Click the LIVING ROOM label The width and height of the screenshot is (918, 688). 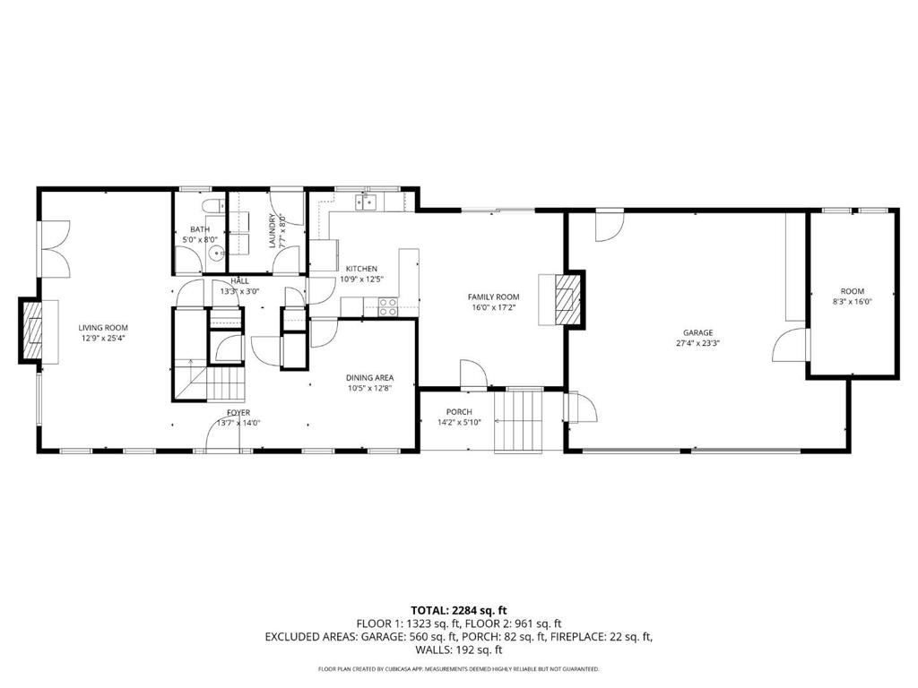[103, 328]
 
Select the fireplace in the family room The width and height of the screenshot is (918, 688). [567, 297]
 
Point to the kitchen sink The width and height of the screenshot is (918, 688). [365, 202]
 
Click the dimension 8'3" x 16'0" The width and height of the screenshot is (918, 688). [852, 302]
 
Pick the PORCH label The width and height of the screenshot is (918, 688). [460, 412]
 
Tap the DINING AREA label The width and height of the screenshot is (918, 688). [370, 378]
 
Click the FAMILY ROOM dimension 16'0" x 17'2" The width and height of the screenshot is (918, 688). [493, 307]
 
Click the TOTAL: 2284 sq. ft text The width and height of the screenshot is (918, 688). [458, 610]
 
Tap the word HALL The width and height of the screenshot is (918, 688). [228, 279]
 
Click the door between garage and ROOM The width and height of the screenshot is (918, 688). [790, 346]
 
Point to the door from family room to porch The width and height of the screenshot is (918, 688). [472, 374]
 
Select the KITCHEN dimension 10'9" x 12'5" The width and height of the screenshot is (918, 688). [361, 279]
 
